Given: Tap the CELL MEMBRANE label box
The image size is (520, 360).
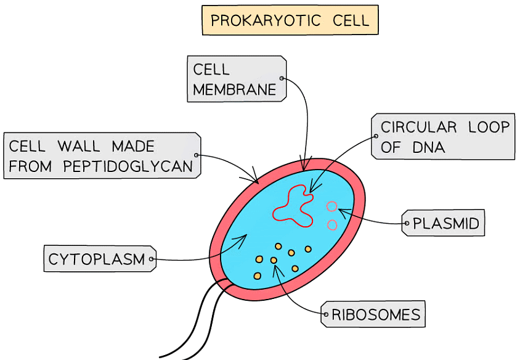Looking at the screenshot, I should click(x=236, y=79).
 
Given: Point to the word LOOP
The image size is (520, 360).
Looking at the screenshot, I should click(x=489, y=128).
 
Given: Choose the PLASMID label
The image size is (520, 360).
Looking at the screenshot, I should click(x=445, y=223).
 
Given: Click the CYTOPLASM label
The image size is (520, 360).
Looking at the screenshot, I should click(x=97, y=259).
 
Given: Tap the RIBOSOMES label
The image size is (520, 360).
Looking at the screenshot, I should click(x=375, y=315).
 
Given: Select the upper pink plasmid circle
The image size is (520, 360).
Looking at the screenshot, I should click(x=332, y=207).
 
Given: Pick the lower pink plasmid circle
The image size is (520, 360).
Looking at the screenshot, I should click(x=332, y=225).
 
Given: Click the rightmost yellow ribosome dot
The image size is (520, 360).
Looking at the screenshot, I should click(x=308, y=249).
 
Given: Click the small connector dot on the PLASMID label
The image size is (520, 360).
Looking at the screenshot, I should click(x=407, y=223).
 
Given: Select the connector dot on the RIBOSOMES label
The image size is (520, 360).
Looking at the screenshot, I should click(x=326, y=314).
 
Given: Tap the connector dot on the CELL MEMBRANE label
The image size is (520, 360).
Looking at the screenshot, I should click(x=281, y=78).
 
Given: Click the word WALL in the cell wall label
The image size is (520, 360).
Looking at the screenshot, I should click(x=79, y=147).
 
